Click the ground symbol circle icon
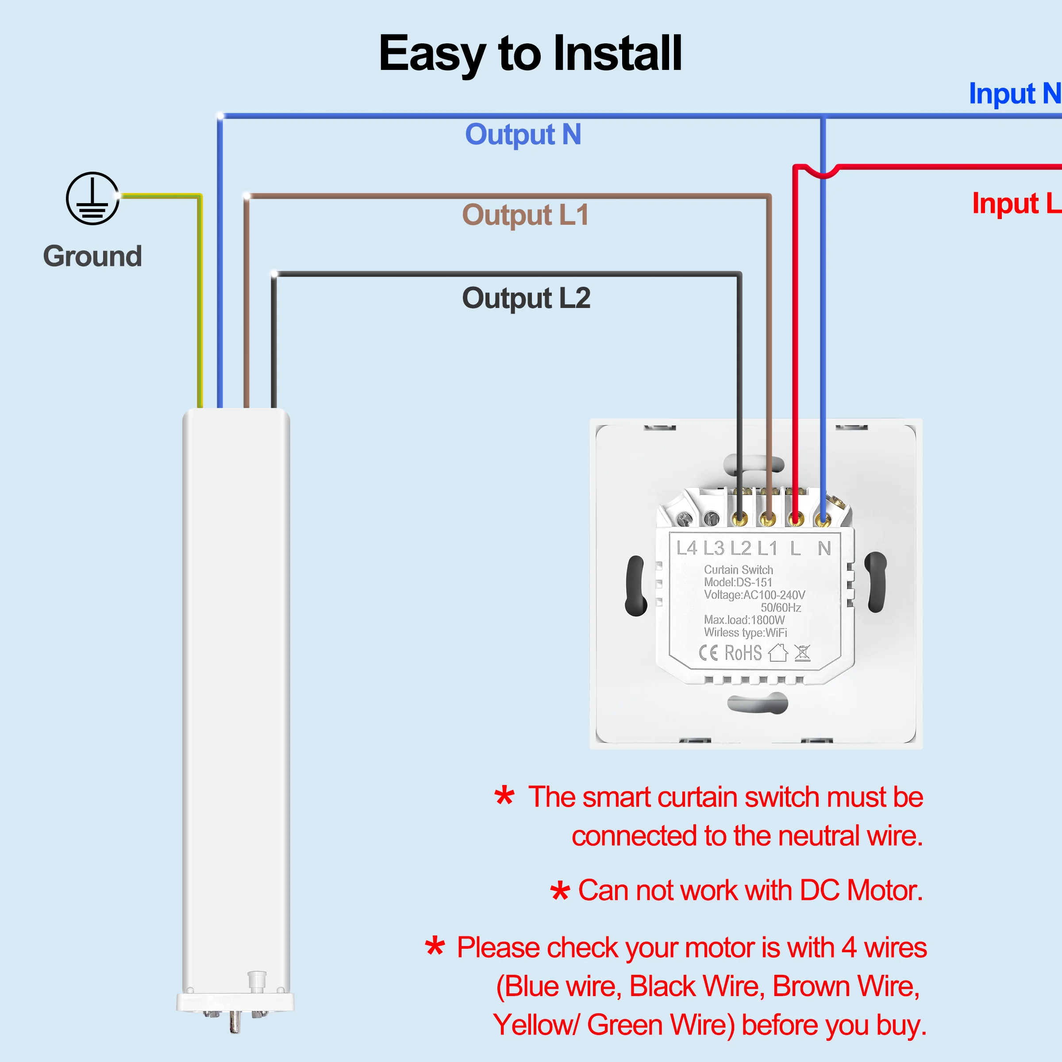[x=92, y=198]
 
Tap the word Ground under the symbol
[x=92, y=256]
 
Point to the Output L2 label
[x=526, y=299]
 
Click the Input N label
[x=1015, y=94]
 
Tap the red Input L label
[x=1016, y=204]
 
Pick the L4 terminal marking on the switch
[x=687, y=548]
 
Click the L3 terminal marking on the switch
[x=713, y=548]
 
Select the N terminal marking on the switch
[x=824, y=548]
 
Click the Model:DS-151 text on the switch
[x=738, y=582]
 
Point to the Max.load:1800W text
[x=744, y=620]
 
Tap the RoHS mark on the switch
[x=743, y=653]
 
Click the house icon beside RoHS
[x=778, y=653]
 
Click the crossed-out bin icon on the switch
[x=803, y=653]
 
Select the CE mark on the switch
[x=708, y=653]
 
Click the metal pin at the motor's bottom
[x=235, y=1022]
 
